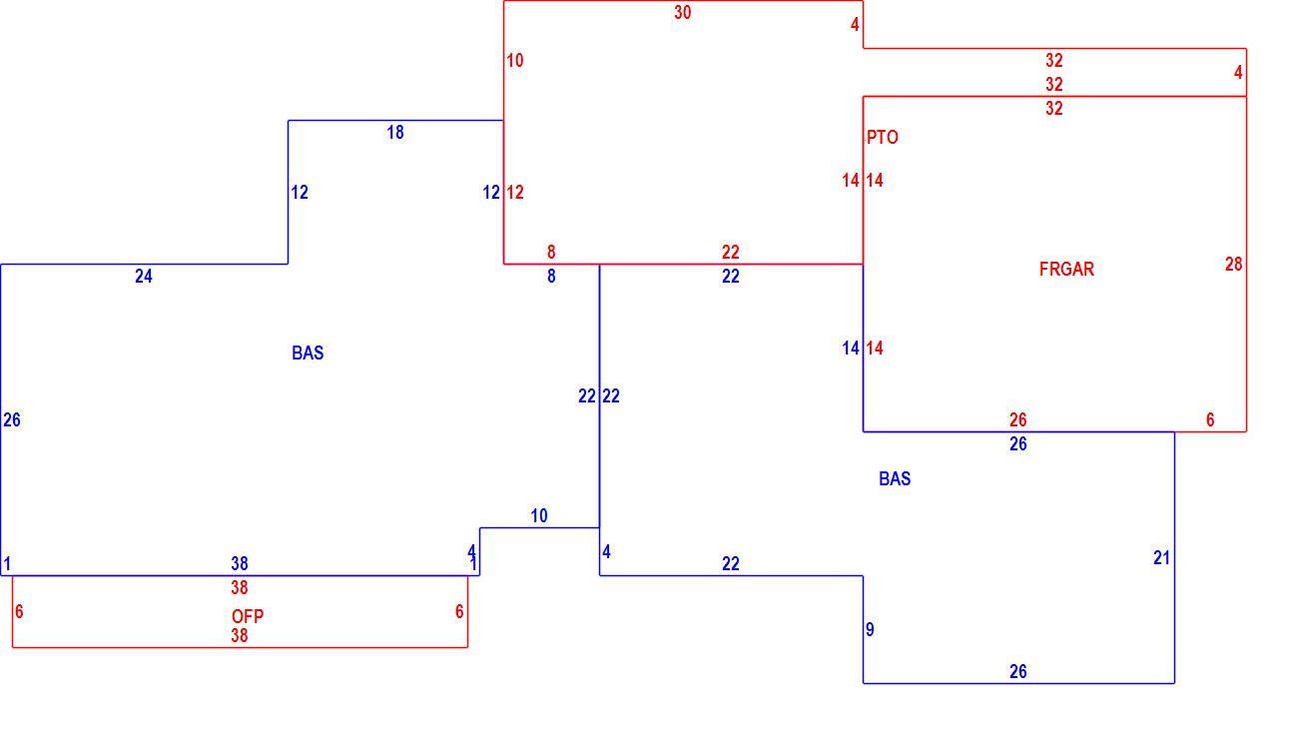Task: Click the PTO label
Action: (883, 138)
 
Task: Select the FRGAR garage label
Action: (1066, 269)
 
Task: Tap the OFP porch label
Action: (248, 616)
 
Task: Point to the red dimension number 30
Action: (683, 13)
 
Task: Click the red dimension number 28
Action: (1233, 265)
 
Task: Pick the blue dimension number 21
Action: (1162, 557)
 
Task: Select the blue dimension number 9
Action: (870, 629)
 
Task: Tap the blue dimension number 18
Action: (395, 133)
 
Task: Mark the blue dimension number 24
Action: (144, 277)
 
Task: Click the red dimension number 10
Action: (515, 60)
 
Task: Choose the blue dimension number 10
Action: (538, 516)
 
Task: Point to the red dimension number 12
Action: (515, 192)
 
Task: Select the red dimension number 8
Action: (551, 253)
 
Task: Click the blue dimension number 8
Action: (551, 277)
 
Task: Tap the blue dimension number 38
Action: (240, 563)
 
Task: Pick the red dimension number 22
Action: (730, 253)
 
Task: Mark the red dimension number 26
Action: (1017, 420)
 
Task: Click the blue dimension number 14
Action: (851, 349)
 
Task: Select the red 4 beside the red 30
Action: (855, 25)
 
